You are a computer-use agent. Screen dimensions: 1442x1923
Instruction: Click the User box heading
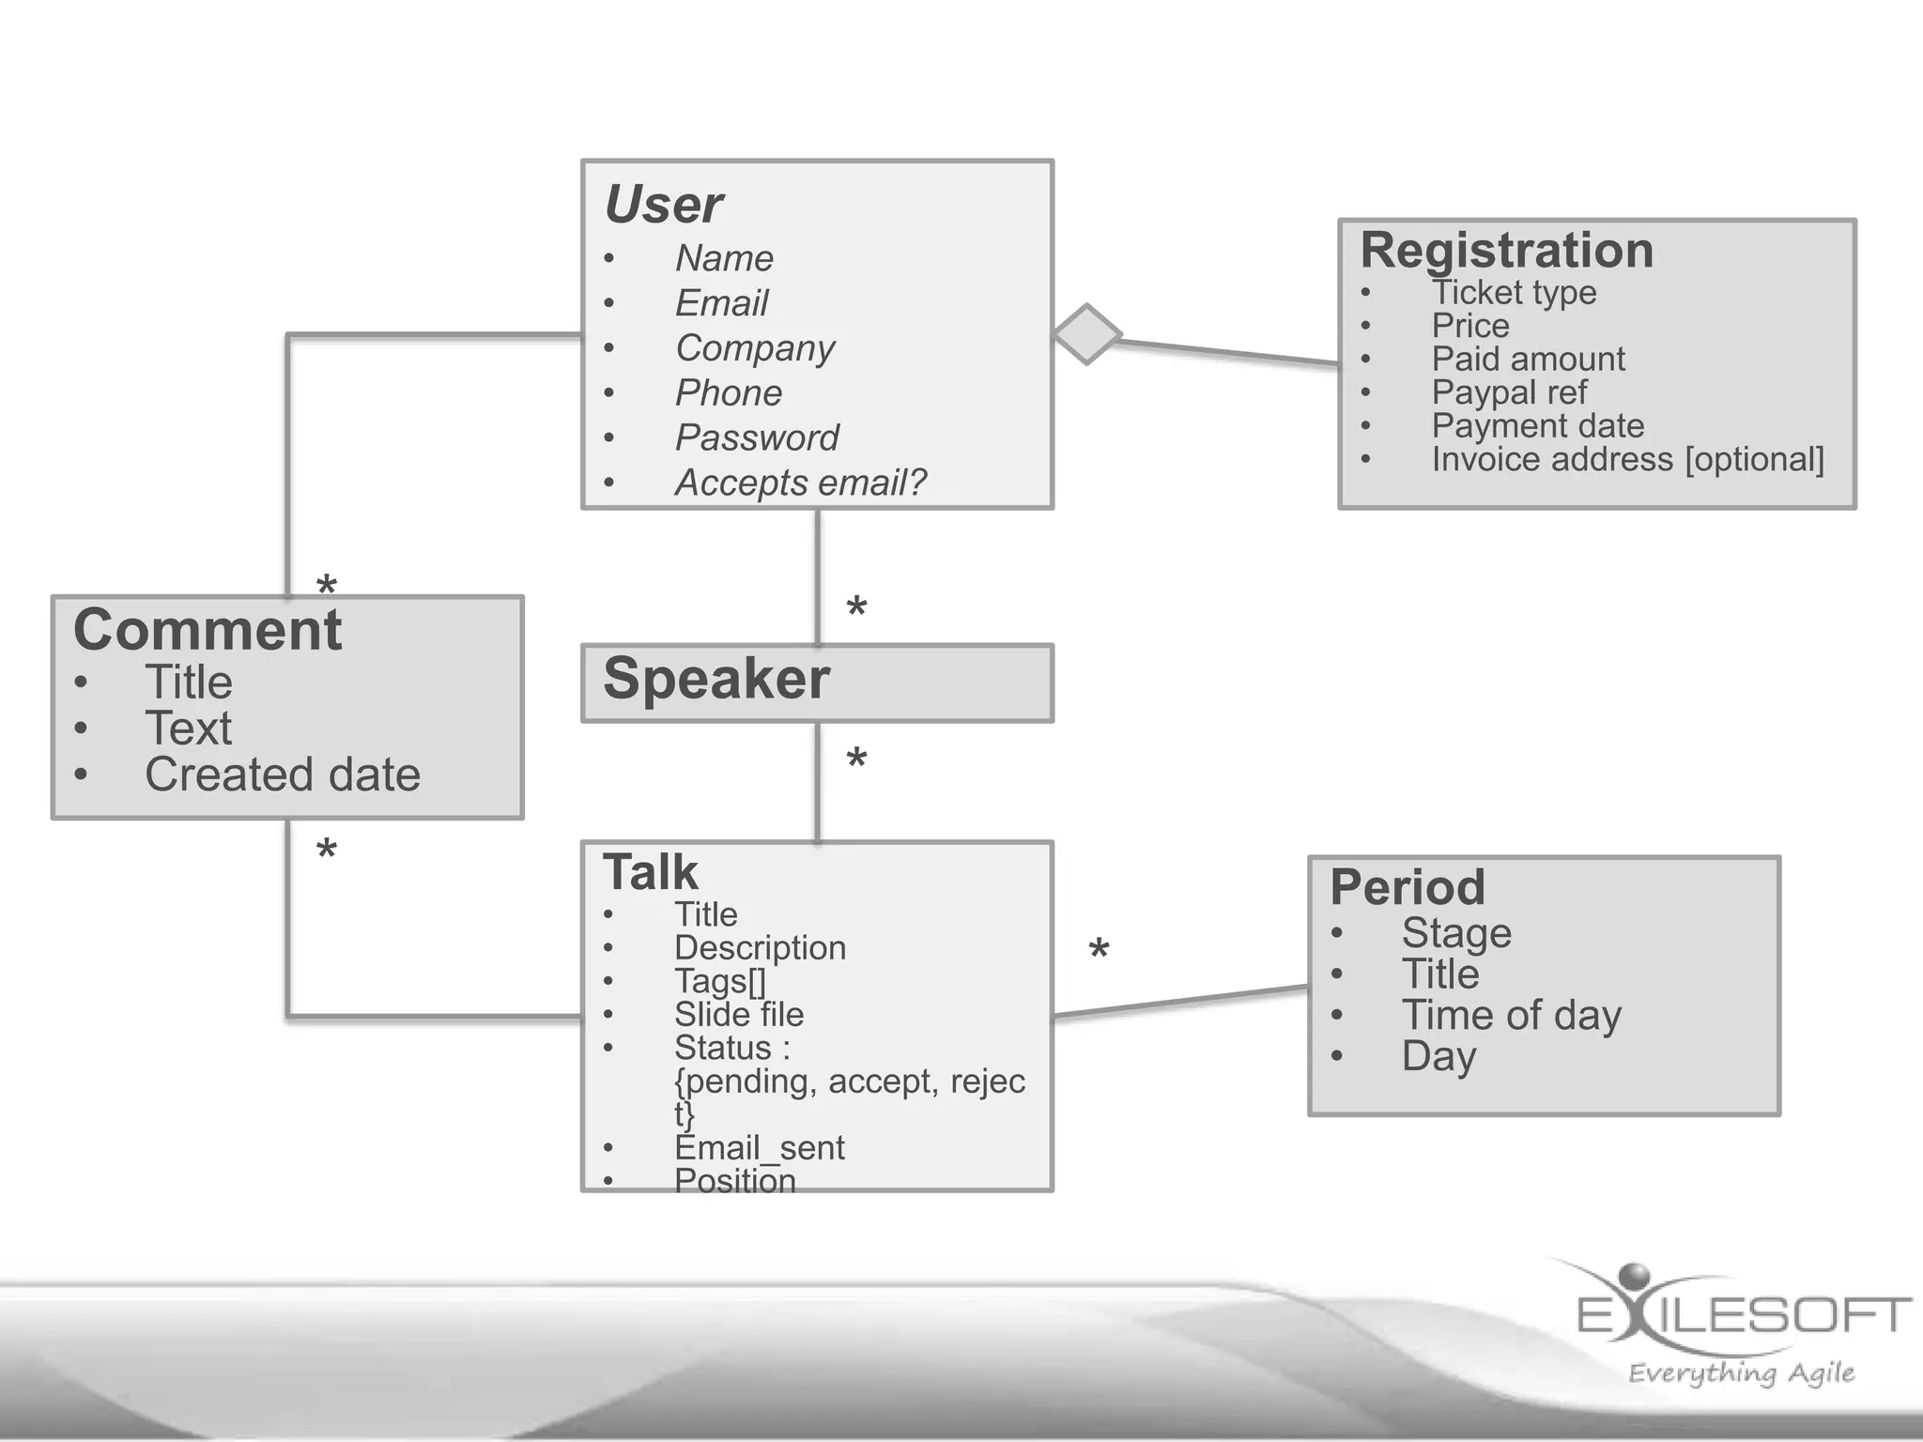(664, 205)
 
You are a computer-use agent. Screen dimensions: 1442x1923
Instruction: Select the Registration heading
(1506, 251)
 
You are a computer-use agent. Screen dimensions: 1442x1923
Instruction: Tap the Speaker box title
(716, 679)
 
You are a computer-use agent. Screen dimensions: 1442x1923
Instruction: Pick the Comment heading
(208, 630)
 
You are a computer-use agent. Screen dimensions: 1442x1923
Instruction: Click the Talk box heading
(651, 873)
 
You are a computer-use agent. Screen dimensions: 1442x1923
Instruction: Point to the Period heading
(1408, 887)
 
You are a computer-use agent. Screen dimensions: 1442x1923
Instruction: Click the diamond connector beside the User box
(1086, 334)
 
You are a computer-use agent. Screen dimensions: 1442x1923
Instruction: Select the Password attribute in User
(757, 438)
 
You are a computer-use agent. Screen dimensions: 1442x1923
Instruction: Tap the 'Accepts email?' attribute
(800, 483)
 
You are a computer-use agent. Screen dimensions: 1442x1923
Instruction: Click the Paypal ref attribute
(1509, 392)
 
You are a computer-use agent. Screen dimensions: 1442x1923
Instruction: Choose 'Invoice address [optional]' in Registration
(1627, 460)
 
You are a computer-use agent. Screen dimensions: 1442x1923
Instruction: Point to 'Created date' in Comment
(283, 775)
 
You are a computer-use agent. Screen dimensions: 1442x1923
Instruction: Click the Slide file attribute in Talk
(739, 1015)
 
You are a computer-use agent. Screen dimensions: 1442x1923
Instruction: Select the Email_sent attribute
(760, 1148)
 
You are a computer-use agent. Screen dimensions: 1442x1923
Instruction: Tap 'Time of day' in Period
(1512, 1016)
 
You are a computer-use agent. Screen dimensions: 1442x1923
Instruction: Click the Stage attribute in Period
(1456, 933)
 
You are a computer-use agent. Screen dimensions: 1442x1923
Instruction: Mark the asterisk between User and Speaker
(856, 607)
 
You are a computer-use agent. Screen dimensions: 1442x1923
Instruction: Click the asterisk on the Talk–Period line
(1099, 950)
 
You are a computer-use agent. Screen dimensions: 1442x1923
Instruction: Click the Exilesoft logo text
(1744, 1314)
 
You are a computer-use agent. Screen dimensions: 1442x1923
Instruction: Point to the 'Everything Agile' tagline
(1741, 1373)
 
